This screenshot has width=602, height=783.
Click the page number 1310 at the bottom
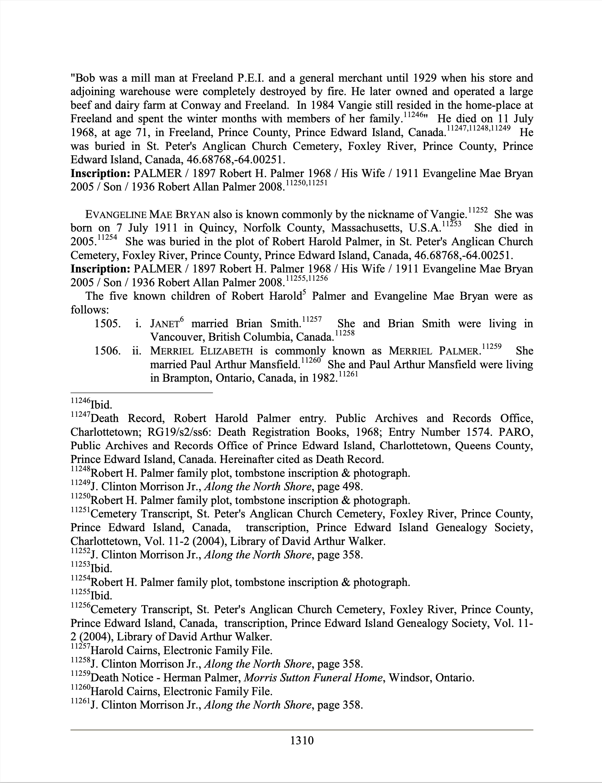(x=302, y=740)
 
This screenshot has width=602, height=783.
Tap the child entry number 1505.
(x=107, y=324)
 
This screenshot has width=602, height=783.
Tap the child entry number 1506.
(x=107, y=351)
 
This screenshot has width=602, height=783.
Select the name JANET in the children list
(x=165, y=324)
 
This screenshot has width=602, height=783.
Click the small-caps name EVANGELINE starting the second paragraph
(x=115, y=215)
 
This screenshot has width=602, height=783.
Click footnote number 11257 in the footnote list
(x=80, y=647)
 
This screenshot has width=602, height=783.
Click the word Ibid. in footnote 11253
(x=101, y=568)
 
